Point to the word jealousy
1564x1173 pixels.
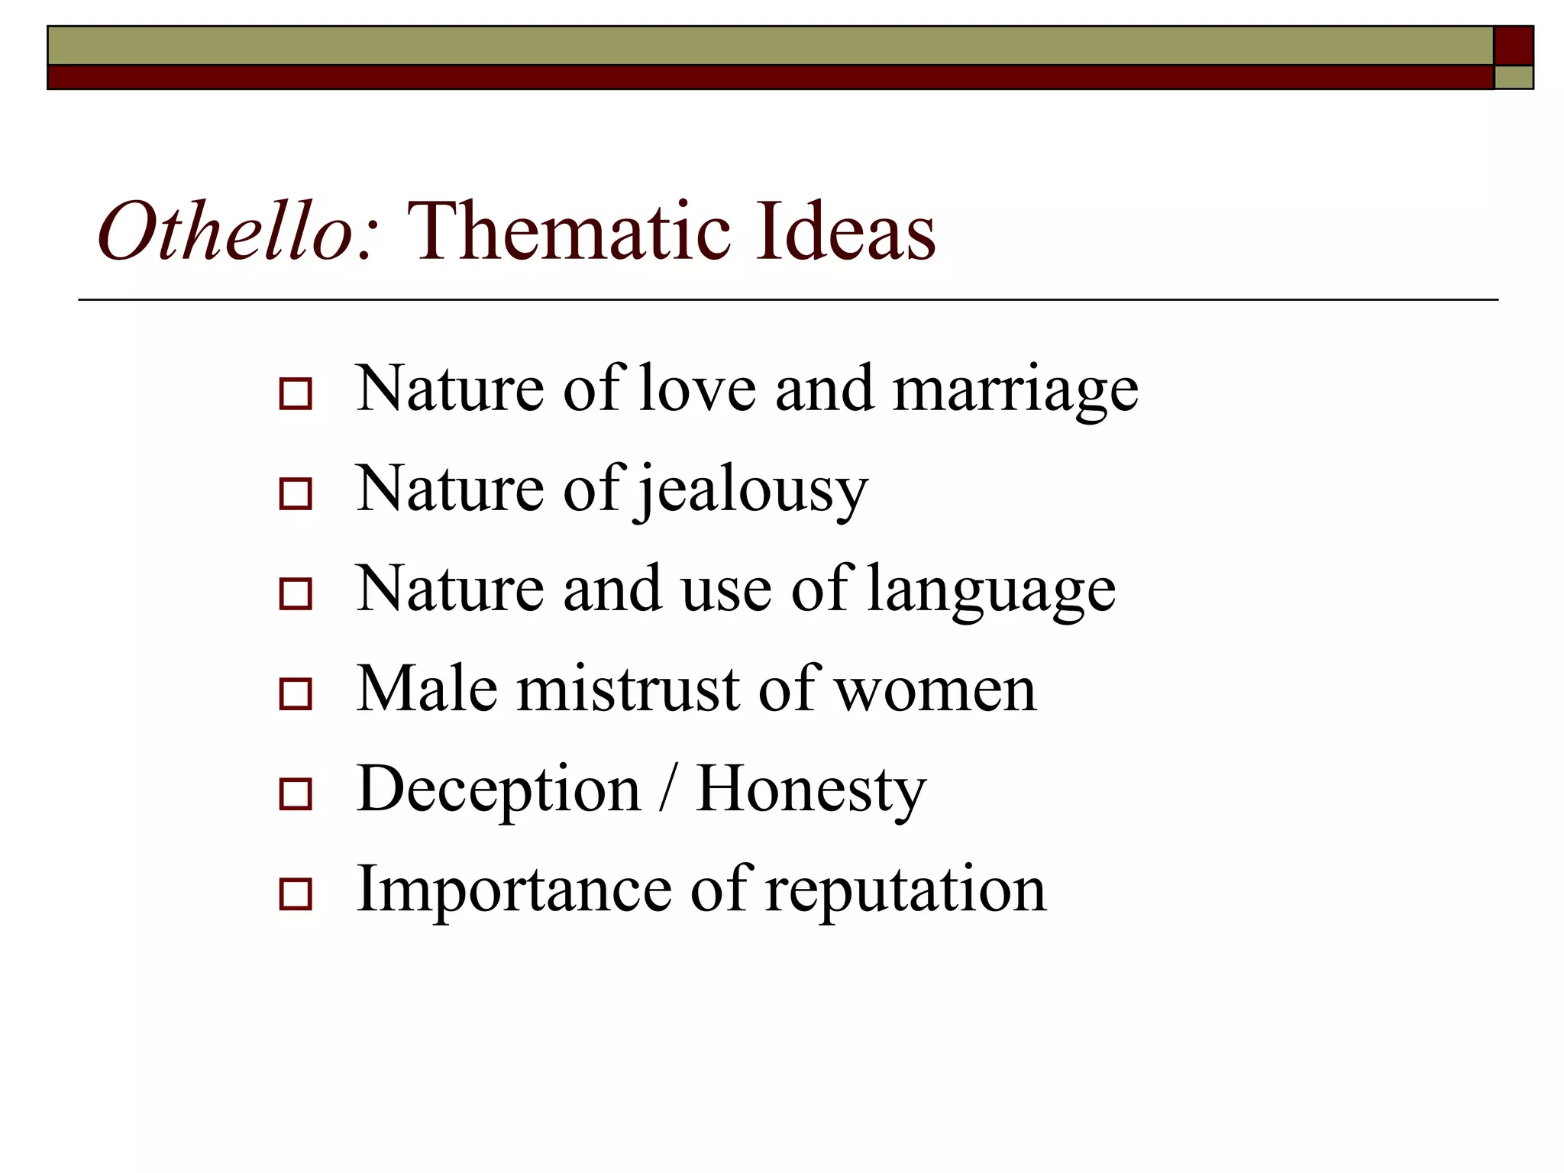coord(752,491)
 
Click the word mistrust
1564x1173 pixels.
coord(628,689)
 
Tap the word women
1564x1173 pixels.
coord(935,690)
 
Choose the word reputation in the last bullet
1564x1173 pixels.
coord(906,890)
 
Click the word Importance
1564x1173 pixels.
coord(514,889)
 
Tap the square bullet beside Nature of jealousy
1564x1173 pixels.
coord(296,494)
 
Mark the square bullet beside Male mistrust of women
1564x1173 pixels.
coord(296,694)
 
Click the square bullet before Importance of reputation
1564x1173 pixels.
coord(296,894)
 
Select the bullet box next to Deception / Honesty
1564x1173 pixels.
coord(296,794)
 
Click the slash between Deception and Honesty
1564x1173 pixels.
coord(668,790)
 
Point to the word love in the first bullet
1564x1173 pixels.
coord(696,389)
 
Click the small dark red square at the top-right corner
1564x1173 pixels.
coord(1513,46)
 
